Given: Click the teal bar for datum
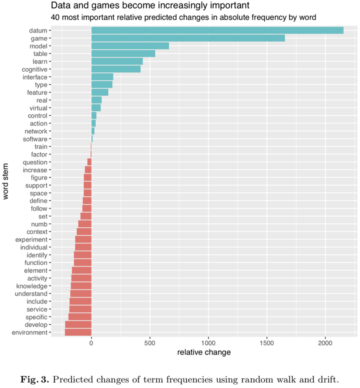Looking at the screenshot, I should click(217, 30).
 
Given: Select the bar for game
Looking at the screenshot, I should click(188, 38).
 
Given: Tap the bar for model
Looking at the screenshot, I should click(130, 46).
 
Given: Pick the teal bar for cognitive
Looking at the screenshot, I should click(116, 69).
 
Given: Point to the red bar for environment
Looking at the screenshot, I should click(78, 332).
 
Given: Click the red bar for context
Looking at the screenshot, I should click(84, 231).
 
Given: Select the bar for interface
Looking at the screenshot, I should click(102, 77).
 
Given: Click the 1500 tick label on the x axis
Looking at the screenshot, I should click(267, 343).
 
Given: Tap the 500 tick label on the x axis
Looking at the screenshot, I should click(150, 343).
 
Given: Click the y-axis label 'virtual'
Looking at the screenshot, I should click(38, 108).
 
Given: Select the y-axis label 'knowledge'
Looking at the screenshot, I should click(31, 286).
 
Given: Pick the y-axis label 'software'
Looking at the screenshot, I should click(35, 139).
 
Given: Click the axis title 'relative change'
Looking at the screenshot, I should click(204, 353).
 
